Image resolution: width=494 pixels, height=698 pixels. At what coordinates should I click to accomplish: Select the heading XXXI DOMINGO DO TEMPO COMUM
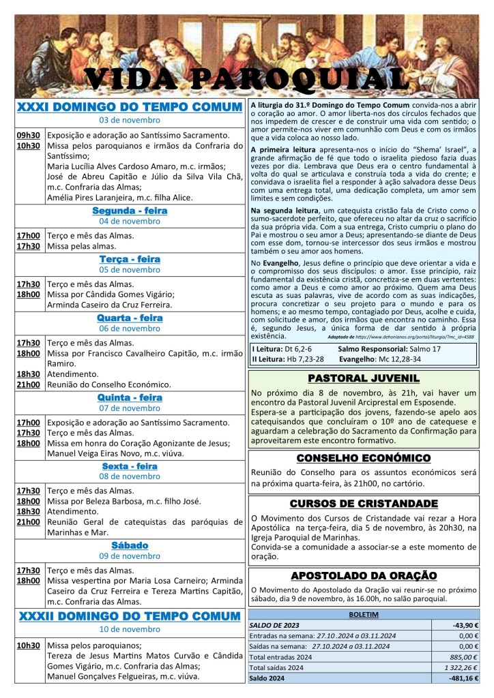tap(130, 107)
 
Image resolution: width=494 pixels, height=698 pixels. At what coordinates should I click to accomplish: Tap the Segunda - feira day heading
tap(130, 211)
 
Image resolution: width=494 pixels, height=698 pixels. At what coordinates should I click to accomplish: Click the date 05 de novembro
tap(130, 270)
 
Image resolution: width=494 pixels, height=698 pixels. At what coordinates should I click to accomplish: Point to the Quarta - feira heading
tap(130, 318)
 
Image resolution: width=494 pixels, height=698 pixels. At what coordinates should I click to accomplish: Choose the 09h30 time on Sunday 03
tap(29, 135)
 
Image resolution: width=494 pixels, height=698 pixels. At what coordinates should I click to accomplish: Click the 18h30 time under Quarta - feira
tap(29, 374)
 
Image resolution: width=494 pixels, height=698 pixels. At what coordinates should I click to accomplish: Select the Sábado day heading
tap(130, 545)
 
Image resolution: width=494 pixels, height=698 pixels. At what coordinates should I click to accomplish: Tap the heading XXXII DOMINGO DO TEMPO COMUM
tap(130, 616)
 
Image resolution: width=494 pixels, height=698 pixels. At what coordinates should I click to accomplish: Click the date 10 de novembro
tap(130, 629)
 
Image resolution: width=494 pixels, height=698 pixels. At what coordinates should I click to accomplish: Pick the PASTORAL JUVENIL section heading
tap(363, 378)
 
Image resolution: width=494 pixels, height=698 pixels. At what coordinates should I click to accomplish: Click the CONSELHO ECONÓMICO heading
tap(363, 458)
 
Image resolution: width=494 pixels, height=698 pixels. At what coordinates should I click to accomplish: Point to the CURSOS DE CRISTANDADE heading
tap(363, 504)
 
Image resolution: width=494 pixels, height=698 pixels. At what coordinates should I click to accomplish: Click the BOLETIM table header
tap(363, 613)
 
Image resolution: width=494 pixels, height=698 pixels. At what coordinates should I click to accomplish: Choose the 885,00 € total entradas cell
tap(464, 657)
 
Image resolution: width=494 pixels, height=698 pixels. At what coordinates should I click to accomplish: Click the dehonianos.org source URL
tap(422, 337)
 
